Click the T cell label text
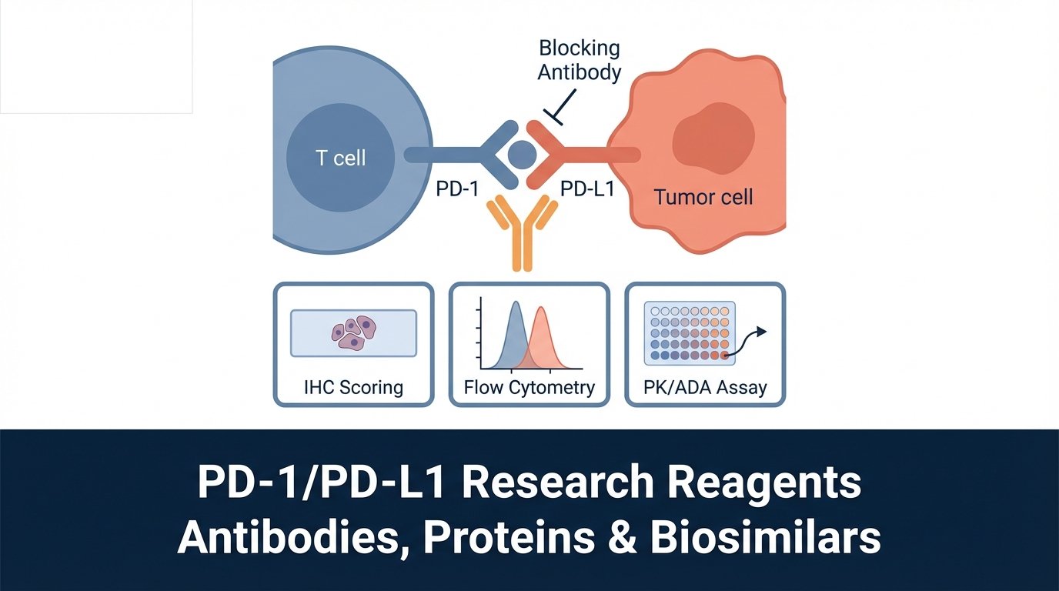(x=341, y=159)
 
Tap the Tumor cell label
(x=703, y=196)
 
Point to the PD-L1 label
(x=587, y=188)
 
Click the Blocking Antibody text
(x=579, y=60)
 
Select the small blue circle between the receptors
(x=523, y=154)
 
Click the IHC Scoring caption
(x=353, y=386)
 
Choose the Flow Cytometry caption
(x=529, y=386)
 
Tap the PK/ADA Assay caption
(x=705, y=386)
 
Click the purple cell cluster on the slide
(x=353, y=330)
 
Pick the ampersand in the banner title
(x=625, y=538)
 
